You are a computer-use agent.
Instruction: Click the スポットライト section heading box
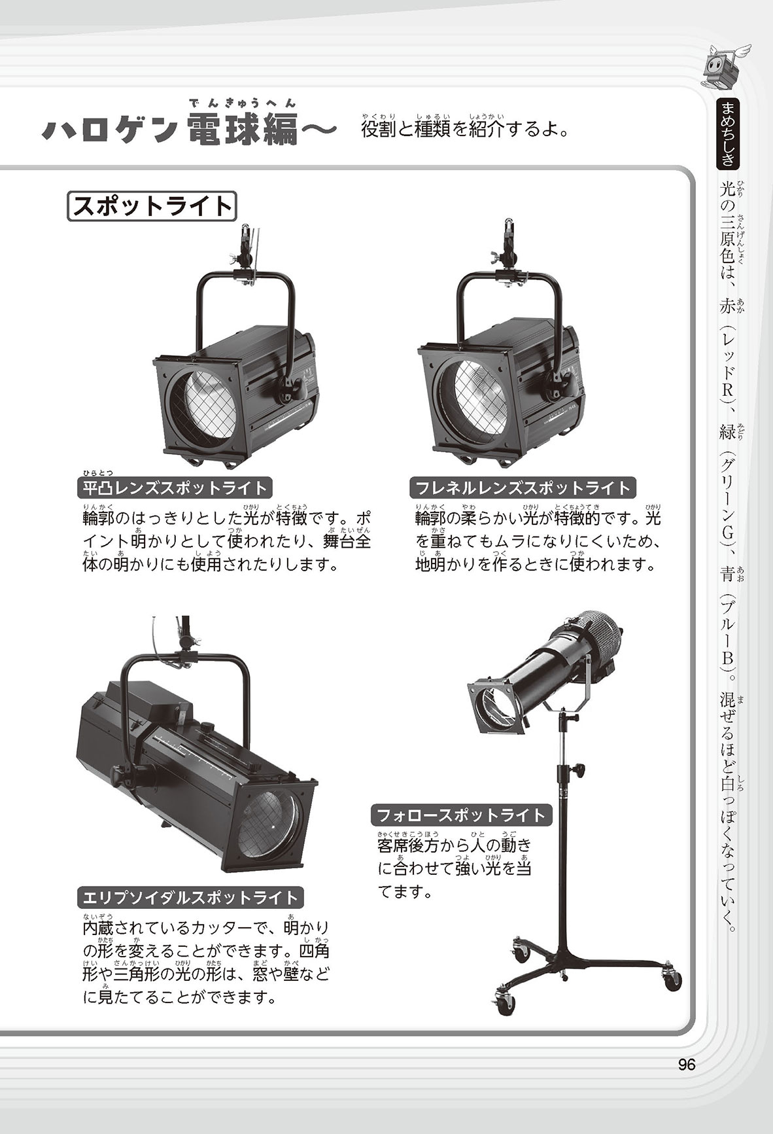point(152,206)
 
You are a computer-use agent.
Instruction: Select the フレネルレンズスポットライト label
point(523,487)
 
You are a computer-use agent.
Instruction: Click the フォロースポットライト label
point(462,815)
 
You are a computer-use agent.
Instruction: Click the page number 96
point(686,1065)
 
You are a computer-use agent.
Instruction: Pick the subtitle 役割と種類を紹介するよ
point(464,128)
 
